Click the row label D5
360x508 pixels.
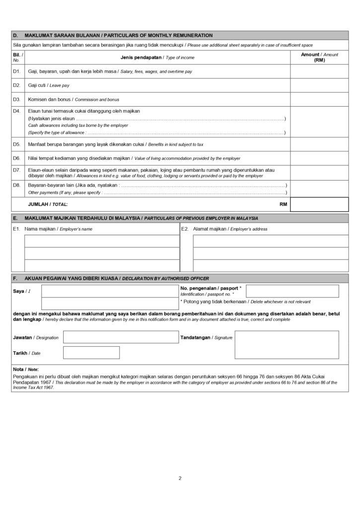16,144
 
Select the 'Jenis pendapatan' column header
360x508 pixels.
157,58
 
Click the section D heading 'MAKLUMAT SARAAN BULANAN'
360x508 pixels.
119,35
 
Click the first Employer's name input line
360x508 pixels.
102,241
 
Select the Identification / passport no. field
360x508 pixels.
292,291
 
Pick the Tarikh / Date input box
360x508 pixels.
91,353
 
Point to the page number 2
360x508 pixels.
180,479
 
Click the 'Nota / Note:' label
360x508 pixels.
25,370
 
